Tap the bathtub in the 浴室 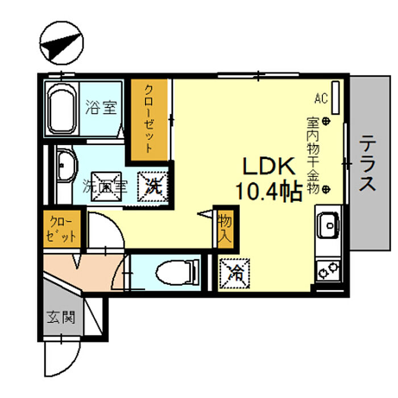pos(62,109)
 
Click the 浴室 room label pos(101,107)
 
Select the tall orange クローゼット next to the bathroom pos(150,120)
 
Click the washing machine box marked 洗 pos(153,186)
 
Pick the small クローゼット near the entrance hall pos(62,229)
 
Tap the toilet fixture pos(177,272)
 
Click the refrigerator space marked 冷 pos(234,273)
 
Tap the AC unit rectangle pos(335,98)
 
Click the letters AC pos(321,98)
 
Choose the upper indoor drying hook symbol pos(326,121)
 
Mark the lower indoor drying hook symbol pos(326,189)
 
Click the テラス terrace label pos(368,163)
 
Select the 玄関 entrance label pos(61,317)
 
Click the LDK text pos(269,166)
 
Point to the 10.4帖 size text pos(269,191)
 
